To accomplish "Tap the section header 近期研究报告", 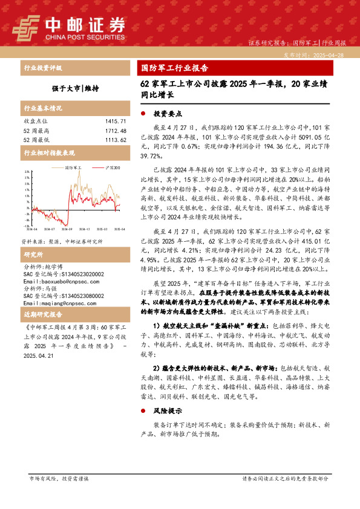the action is point(42,333).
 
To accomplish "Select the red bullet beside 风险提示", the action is point(143,427).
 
